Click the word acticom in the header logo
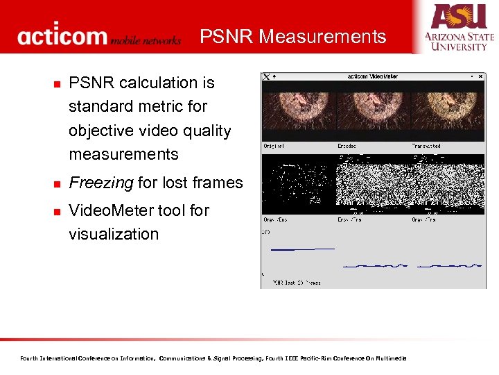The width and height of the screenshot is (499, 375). tap(63, 36)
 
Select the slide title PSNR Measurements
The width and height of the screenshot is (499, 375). tap(293, 36)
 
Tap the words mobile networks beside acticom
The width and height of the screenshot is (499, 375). tap(146, 40)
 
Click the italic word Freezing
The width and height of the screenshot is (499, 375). tap(100, 183)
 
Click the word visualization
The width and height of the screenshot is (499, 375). tap(114, 234)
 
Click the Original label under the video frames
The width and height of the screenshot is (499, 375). tap(274, 147)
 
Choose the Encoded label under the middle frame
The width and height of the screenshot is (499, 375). tap(348, 147)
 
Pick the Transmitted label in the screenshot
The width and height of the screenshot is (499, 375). tap(426, 147)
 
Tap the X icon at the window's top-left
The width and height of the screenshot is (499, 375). tap(266, 76)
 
